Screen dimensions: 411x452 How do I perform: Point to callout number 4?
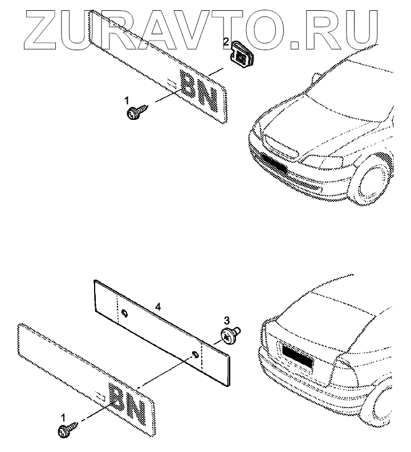[158, 308]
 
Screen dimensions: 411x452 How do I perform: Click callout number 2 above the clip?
[226, 42]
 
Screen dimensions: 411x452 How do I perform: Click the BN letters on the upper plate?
[199, 91]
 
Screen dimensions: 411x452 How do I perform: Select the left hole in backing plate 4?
[124, 313]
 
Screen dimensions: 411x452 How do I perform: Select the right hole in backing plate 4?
[196, 354]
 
